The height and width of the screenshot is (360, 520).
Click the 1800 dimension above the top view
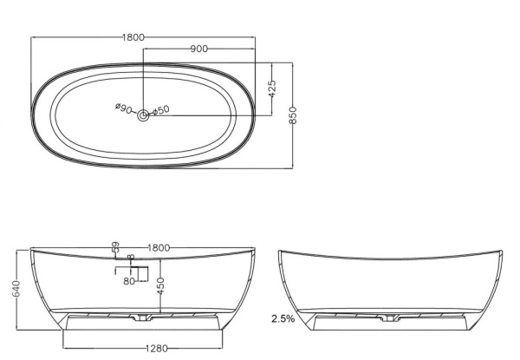point(133,37)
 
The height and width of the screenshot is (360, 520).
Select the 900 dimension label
point(199,49)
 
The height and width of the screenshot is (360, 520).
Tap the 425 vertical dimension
point(272,88)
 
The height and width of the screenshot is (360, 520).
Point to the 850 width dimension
point(293,115)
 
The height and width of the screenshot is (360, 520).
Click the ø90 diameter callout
point(124,108)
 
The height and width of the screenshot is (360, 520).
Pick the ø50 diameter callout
point(161,110)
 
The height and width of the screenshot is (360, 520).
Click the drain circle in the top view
point(143,115)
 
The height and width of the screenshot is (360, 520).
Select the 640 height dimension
point(16,289)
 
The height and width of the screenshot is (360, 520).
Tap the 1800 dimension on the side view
point(159,248)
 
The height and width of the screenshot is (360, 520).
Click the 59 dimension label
point(116,247)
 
